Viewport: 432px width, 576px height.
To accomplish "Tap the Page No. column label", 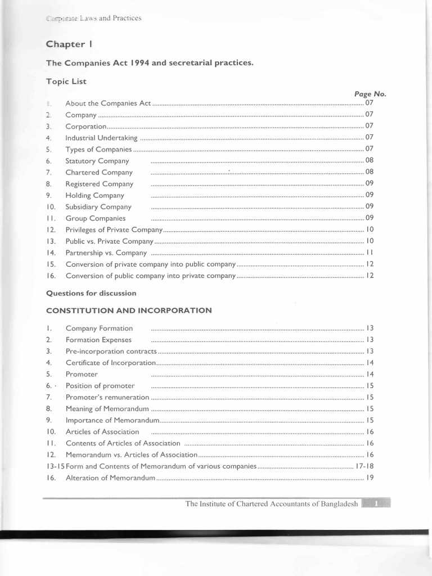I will click(370, 94).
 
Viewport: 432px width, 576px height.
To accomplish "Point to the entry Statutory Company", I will click(97, 161).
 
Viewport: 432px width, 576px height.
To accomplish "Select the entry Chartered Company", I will click(99, 173).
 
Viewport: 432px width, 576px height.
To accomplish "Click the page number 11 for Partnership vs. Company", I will click(370, 253).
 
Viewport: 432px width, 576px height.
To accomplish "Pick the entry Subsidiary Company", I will click(98, 207).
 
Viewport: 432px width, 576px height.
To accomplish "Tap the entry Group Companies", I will click(96, 218).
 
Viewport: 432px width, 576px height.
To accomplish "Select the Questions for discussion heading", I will click(91, 293).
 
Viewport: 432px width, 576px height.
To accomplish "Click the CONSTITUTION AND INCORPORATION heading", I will click(129, 310).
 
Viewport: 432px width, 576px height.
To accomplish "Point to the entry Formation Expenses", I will click(98, 340).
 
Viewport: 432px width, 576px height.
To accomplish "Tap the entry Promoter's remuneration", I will click(105, 397).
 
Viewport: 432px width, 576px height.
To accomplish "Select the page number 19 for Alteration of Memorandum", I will click(370, 478).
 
